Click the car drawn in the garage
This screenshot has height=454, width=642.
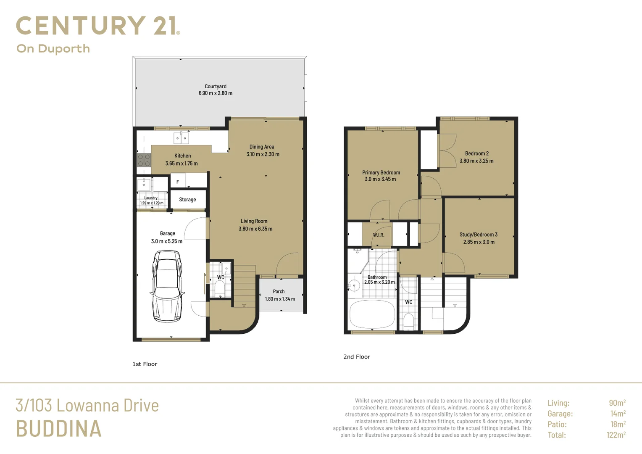[x=167, y=286]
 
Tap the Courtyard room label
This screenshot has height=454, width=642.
[x=216, y=86]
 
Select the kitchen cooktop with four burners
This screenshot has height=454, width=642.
[x=144, y=160]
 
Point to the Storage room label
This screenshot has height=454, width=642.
[x=187, y=200]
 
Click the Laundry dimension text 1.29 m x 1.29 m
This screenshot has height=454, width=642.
[x=152, y=203]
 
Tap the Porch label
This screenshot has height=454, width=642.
[x=279, y=291]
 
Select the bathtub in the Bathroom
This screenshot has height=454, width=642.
[x=372, y=314]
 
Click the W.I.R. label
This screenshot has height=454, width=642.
[x=378, y=235]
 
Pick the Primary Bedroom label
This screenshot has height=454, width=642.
[x=381, y=172]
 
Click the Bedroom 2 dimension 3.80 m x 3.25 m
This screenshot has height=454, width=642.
[x=476, y=161]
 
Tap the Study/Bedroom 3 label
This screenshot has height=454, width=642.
[x=478, y=234]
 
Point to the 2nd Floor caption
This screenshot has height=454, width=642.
[x=357, y=357]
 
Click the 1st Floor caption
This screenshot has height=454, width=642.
[x=145, y=364]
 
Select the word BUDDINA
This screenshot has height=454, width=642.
[x=58, y=428]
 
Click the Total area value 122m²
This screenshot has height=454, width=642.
[x=616, y=435]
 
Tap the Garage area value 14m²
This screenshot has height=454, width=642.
[x=618, y=413]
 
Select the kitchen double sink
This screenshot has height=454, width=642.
[x=181, y=138]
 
